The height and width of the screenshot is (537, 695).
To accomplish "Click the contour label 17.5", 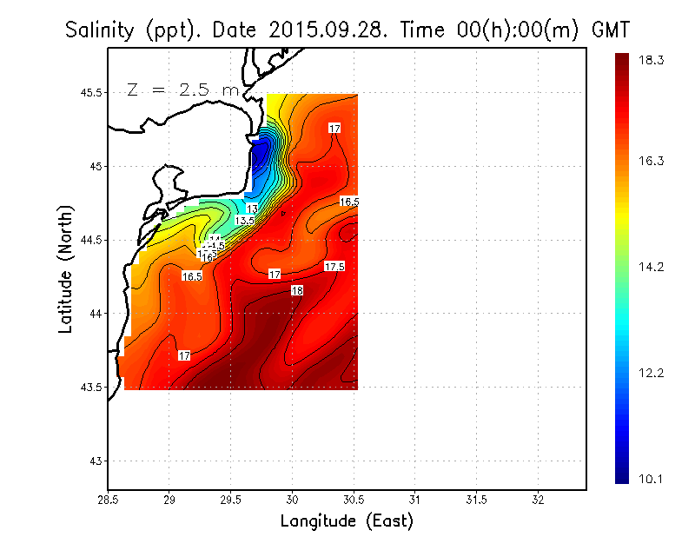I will coord(334,267).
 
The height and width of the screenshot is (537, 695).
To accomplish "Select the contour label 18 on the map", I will coord(297,290).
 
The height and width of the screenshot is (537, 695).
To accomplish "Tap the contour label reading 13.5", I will coord(245,222).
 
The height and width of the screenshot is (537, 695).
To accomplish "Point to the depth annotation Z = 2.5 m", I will coord(182,89).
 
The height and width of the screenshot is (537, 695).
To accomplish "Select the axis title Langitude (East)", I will coord(347,520).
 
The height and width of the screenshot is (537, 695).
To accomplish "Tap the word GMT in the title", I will coord(610,30).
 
